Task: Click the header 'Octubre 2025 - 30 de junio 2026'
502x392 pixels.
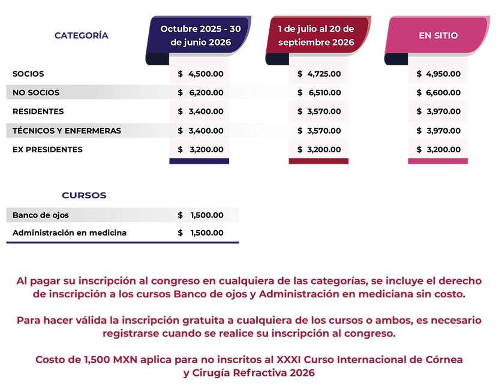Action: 200,35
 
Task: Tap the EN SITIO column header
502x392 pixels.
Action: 438,35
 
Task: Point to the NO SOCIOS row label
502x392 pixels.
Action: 36,93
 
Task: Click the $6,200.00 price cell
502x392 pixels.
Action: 200,93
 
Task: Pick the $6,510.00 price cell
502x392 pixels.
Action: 319,93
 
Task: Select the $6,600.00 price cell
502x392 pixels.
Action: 438,93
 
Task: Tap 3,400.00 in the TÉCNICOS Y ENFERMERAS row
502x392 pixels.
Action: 206,131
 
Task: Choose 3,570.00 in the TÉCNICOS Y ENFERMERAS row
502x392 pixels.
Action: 324,131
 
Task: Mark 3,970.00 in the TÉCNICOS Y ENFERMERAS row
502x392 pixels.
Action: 443,131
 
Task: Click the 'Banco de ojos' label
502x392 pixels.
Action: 40,215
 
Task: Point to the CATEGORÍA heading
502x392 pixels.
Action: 82,35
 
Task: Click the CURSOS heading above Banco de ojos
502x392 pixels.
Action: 84,195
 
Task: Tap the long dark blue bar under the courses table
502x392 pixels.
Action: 122,243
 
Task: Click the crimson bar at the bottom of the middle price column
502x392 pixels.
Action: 318,162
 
